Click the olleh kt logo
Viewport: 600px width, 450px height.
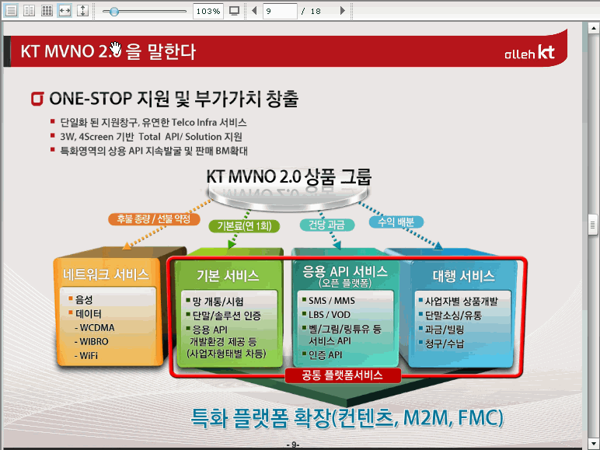529,52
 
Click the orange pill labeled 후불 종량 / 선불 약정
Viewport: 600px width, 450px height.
154,219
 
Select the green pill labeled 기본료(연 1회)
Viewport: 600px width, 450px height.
244,225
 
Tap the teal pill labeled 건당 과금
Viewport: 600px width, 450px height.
326,225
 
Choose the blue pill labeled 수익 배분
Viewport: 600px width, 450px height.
396,222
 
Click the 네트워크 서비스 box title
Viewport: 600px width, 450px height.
106,274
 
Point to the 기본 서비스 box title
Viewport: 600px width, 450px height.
228,275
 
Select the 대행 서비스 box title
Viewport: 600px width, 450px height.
463,275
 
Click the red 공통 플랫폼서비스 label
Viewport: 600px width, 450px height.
343,375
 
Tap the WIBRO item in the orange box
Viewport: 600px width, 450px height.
92,341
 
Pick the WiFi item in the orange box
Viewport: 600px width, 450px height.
86,355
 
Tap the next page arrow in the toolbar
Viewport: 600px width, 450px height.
343,11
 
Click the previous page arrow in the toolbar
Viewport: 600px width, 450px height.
254,11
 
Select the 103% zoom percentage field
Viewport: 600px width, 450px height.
208,11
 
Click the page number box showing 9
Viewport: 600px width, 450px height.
280,11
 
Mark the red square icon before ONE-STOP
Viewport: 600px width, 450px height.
37,99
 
